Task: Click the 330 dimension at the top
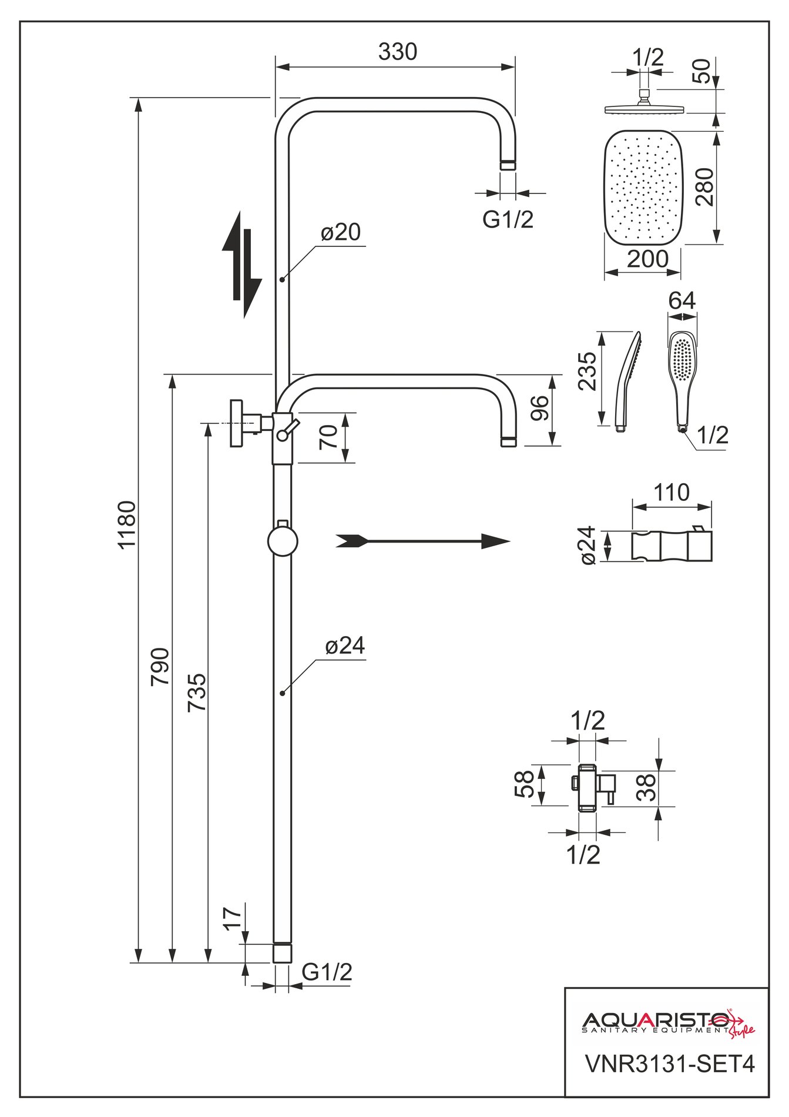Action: pyautogui.click(x=398, y=52)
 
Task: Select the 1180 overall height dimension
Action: pyautogui.click(x=127, y=524)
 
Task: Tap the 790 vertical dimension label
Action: pyautogui.click(x=160, y=666)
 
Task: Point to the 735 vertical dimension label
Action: pyautogui.click(x=197, y=693)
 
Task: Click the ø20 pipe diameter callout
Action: pyautogui.click(x=341, y=233)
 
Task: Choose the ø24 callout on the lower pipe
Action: pyautogui.click(x=345, y=646)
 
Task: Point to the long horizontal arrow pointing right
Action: pyautogui.click(x=422, y=541)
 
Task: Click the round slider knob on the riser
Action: pyautogui.click(x=283, y=541)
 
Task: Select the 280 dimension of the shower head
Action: pyautogui.click(x=704, y=187)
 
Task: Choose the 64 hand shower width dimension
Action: pyautogui.click(x=682, y=300)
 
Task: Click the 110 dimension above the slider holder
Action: pyautogui.click(x=672, y=493)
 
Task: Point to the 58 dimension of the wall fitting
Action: pyautogui.click(x=525, y=784)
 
